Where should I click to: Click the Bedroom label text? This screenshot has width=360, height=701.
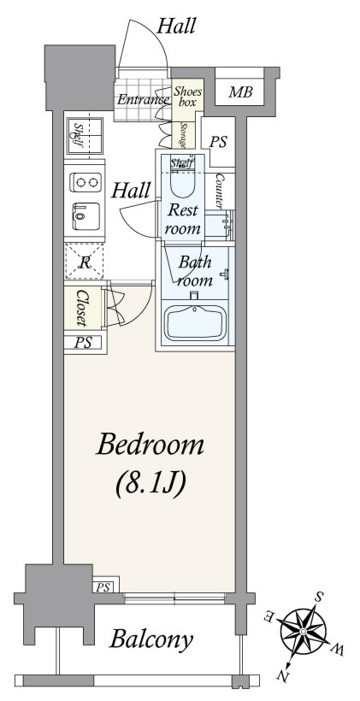(x=150, y=445)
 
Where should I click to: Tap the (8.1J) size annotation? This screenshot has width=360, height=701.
(x=150, y=484)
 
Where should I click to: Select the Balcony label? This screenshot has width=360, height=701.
(x=151, y=639)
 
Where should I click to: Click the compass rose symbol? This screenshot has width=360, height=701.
(x=303, y=631)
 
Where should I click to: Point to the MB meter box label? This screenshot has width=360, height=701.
(x=240, y=92)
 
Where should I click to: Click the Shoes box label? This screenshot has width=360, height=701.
(x=188, y=97)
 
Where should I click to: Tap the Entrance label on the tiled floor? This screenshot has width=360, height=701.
(x=142, y=99)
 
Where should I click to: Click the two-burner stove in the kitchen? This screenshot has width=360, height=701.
(x=86, y=182)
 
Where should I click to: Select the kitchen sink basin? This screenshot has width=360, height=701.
(x=86, y=216)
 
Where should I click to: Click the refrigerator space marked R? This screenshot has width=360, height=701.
(x=85, y=262)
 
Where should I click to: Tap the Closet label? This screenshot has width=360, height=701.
(x=82, y=308)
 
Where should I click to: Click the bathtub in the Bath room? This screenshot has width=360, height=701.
(x=196, y=322)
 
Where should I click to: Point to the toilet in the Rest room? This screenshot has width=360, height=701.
(x=183, y=179)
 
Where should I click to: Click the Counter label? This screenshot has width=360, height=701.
(x=220, y=191)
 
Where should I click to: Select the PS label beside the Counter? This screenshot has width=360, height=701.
(x=219, y=142)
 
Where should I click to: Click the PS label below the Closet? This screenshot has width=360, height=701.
(x=83, y=343)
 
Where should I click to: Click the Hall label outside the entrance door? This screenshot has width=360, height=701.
(x=176, y=26)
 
